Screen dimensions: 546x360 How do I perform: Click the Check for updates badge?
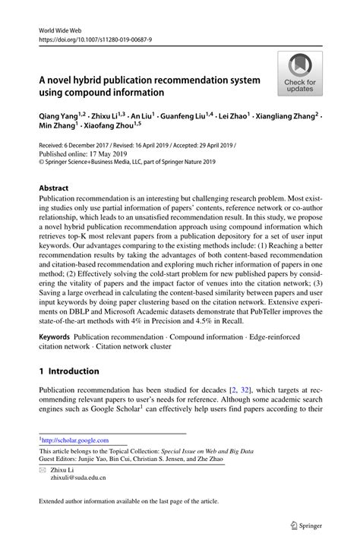[x=300, y=74]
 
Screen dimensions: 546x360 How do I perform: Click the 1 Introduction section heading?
[x=68, y=371]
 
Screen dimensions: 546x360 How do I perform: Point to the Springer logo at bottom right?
[x=311, y=524]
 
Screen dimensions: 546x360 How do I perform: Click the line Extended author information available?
[x=128, y=500]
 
